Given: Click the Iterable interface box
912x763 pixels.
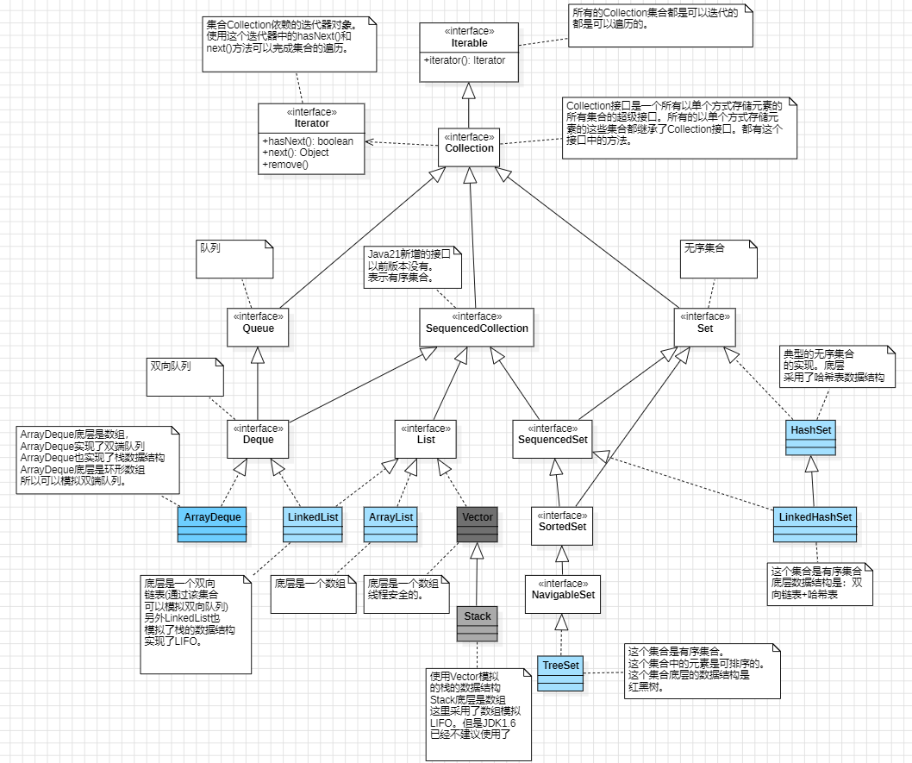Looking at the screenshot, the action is pyautogui.click(x=469, y=53).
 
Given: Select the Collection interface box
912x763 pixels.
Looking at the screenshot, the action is pyautogui.click(x=469, y=147).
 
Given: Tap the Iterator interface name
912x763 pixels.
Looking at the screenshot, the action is pyautogui.click(x=311, y=123).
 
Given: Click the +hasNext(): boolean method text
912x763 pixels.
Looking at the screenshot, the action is pyautogui.click(x=308, y=141).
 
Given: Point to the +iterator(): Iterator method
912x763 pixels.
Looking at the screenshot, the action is pyautogui.click(x=464, y=60).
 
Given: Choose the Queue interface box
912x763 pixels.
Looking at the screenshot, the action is pyautogui.click(x=258, y=328).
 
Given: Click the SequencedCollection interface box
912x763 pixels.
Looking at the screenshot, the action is pyautogui.click(x=477, y=328).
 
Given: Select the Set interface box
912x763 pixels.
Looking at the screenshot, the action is pyautogui.click(x=705, y=328).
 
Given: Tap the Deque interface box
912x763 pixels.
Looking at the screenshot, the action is pyautogui.click(x=258, y=439).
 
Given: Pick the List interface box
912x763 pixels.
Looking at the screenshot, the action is pyautogui.click(x=425, y=439).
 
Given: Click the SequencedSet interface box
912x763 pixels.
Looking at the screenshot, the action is pyautogui.click(x=553, y=439).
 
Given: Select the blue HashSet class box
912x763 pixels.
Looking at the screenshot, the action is pyautogui.click(x=811, y=437).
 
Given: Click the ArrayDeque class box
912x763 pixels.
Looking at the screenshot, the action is pyautogui.click(x=212, y=524).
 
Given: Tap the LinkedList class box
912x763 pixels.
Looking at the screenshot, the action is pyautogui.click(x=313, y=524).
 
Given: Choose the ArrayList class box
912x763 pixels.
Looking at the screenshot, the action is pyautogui.click(x=390, y=524).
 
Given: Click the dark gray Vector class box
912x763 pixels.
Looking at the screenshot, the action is pyautogui.click(x=478, y=524).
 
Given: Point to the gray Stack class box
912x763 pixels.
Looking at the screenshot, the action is pyautogui.click(x=478, y=623).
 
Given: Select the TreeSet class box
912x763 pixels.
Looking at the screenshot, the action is pyautogui.click(x=560, y=672).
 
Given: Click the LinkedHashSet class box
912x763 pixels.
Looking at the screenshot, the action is pyautogui.click(x=815, y=524).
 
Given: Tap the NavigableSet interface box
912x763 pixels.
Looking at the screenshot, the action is pyautogui.click(x=562, y=594).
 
